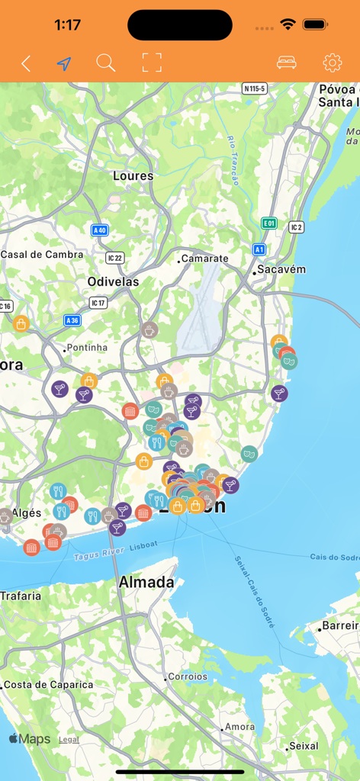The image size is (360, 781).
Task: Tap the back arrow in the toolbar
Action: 26,63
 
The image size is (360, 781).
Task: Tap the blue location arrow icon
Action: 64,63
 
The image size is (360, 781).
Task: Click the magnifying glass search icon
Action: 106,63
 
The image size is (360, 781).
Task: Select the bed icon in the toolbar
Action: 287,63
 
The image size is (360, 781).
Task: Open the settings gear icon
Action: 332,63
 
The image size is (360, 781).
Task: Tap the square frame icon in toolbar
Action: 153,63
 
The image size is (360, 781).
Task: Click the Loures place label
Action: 133,176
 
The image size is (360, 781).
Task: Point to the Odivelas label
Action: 113,281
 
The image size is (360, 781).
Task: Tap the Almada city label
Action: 146,583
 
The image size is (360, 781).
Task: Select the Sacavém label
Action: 281,269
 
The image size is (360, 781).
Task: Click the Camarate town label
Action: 204,259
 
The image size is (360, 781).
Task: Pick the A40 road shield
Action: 99,230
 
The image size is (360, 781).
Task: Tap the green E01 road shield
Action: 268,223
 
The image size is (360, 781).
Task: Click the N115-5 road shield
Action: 255,88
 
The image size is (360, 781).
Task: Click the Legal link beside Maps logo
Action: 69,740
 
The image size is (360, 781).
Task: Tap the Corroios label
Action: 188,677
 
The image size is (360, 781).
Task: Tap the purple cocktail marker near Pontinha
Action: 60,389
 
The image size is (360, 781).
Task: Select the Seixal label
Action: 304,746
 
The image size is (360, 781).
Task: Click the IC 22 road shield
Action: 114,258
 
